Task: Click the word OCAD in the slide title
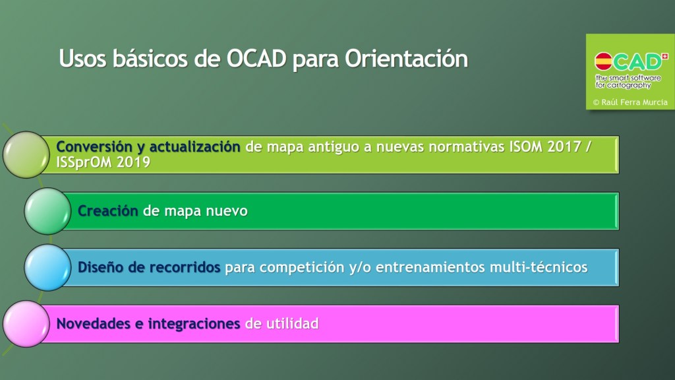tap(256, 59)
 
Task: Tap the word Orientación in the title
tap(406, 59)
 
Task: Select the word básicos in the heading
tap(150, 59)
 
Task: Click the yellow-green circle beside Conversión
tap(26, 154)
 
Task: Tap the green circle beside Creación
tap(47, 211)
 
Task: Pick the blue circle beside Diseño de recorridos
tap(47, 268)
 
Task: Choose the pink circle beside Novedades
tap(26, 324)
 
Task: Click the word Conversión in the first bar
tap(94, 147)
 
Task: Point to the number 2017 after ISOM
tap(564, 147)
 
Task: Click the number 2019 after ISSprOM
tap(133, 162)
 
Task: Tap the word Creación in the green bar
tap(107, 210)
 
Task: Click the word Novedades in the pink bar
tap(94, 323)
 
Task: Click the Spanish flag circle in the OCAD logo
tap(603, 61)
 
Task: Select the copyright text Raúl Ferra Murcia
tap(634, 102)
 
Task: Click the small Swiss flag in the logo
tap(665, 56)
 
